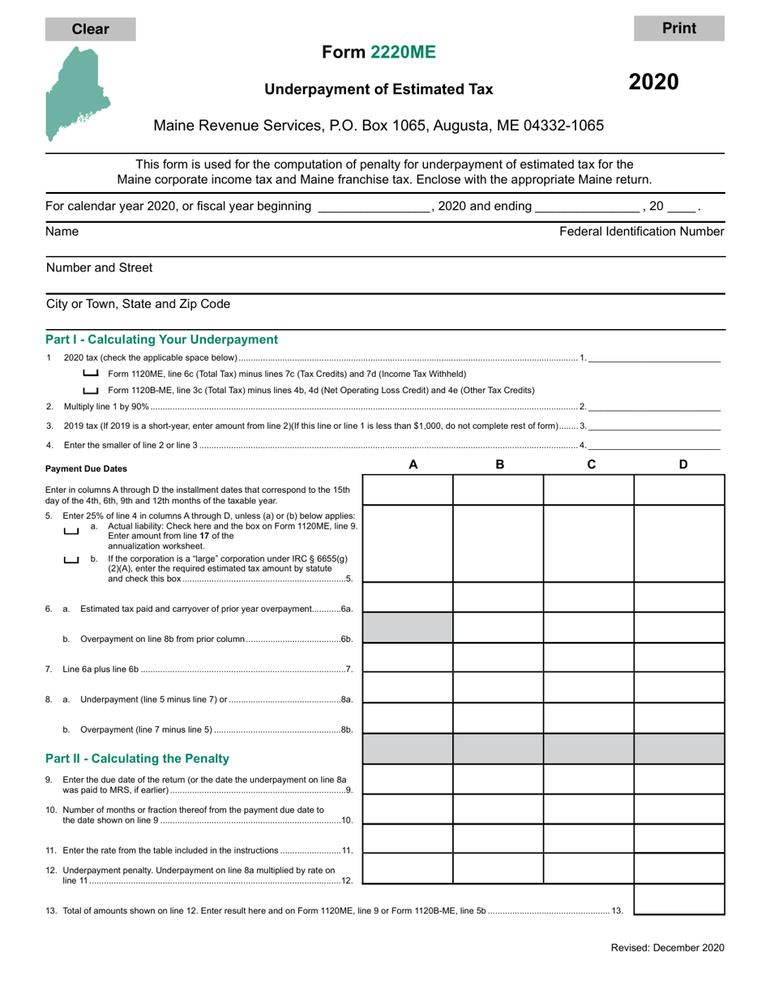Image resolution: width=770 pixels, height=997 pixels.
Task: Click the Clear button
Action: pyautogui.click(x=90, y=29)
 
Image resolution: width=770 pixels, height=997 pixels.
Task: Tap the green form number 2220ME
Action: pyautogui.click(x=403, y=52)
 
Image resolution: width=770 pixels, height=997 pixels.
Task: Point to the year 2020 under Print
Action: pyautogui.click(x=654, y=82)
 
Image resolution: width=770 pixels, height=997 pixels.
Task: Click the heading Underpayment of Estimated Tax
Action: pyautogui.click(x=379, y=90)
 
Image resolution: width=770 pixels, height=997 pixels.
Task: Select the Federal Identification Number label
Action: pyautogui.click(x=641, y=232)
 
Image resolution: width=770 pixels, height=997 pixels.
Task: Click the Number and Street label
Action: pyautogui.click(x=99, y=267)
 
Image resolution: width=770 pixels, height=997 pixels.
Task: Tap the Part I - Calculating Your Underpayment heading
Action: pyautogui.click(x=161, y=340)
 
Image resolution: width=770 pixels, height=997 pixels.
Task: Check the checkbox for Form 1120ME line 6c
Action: pyautogui.click(x=91, y=374)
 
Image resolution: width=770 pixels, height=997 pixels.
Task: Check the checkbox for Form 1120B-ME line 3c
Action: pyautogui.click(x=91, y=390)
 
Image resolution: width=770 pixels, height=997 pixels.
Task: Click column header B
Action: pyautogui.click(x=499, y=464)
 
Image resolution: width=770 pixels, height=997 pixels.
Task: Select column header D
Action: pyautogui.click(x=682, y=464)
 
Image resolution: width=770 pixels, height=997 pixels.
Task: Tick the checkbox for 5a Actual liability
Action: pyautogui.click(x=71, y=532)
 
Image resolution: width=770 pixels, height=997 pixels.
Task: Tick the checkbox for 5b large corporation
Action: pyautogui.click(x=71, y=560)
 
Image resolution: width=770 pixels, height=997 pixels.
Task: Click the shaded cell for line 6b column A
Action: pyautogui.click(x=408, y=627)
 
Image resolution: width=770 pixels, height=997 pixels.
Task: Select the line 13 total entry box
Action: pyautogui.click(x=678, y=900)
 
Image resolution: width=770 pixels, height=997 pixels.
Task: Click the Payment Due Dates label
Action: pyautogui.click(x=86, y=469)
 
